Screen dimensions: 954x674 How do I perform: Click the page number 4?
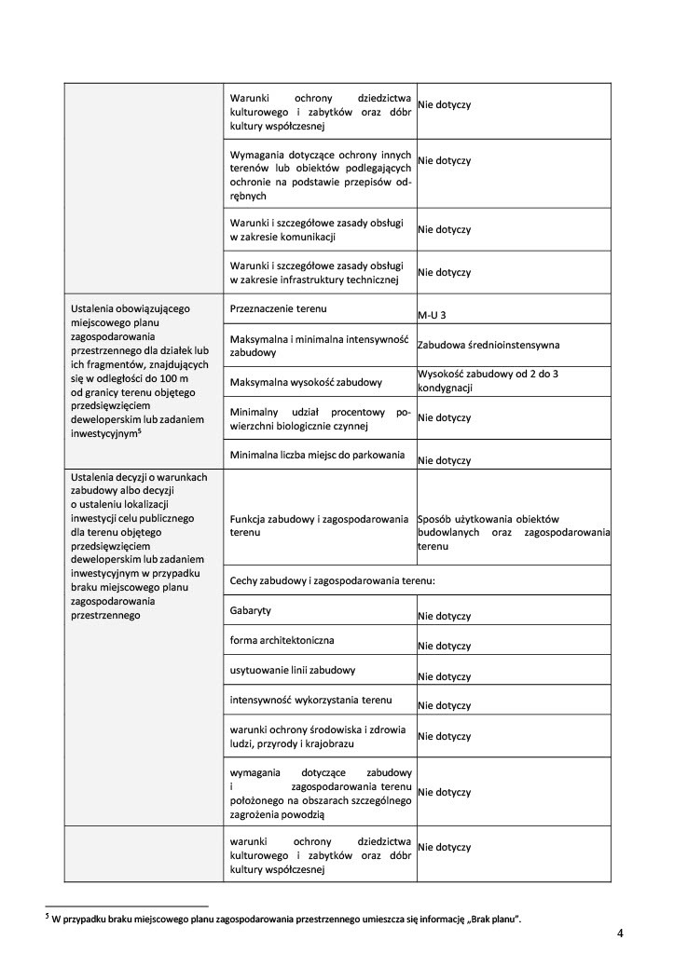620,933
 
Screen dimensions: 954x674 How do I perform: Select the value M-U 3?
432,315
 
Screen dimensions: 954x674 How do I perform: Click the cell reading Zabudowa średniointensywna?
488,345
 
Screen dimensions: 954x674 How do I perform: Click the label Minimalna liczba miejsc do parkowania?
317,455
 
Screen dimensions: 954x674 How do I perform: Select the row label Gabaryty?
251,610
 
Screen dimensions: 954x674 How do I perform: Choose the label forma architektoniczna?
281,640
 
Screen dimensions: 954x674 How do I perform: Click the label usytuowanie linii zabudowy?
292,670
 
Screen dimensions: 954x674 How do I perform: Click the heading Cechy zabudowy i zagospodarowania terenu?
333,580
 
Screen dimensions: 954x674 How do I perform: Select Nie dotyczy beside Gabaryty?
444,616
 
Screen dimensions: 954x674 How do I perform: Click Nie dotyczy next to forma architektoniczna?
444,646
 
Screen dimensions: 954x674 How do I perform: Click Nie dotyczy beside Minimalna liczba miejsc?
444,460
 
